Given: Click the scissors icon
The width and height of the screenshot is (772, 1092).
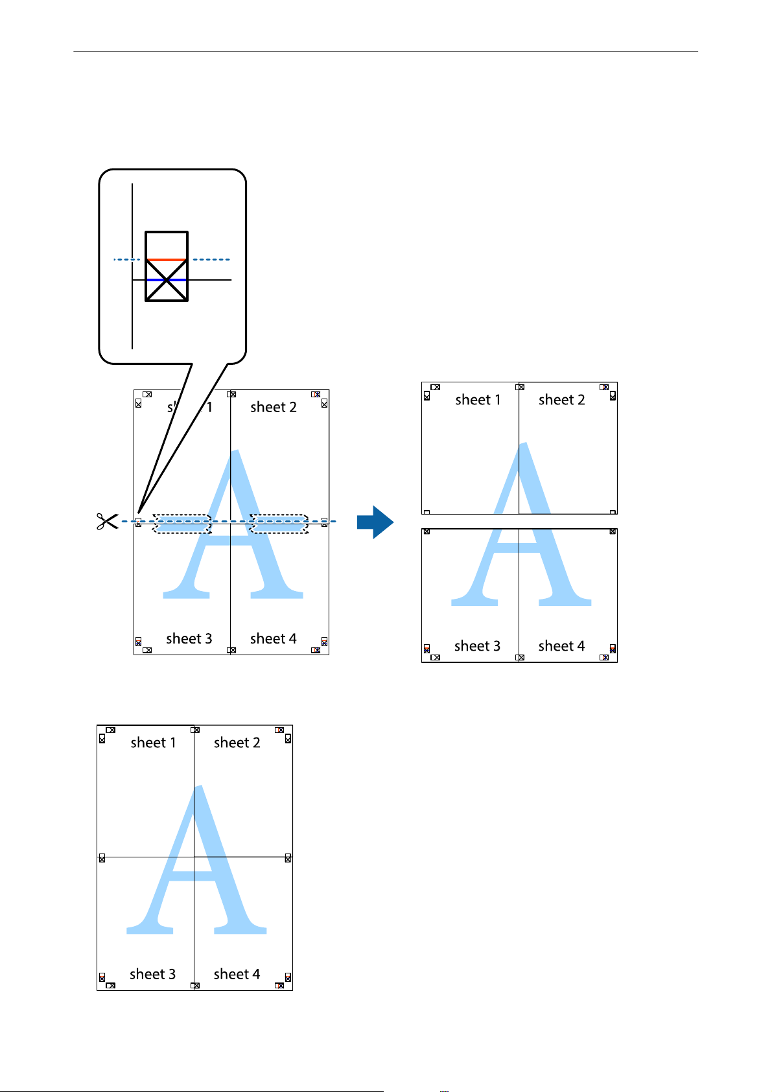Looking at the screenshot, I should tap(108, 521).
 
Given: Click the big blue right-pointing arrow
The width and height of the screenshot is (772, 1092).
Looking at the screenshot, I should tap(375, 522).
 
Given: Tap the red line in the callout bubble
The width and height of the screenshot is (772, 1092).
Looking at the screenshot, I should tap(167, 260).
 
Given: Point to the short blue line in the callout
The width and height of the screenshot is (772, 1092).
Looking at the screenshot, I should tap(167, 280).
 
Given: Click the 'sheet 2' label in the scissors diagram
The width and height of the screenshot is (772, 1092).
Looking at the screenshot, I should tap(274, 407).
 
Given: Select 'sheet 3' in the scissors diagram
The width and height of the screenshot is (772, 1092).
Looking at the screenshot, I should tap(189, 639).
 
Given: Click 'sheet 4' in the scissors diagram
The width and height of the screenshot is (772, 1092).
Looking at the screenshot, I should tap(274, 639).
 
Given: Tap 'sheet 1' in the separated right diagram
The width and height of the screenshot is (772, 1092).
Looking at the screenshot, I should tap(478, 400).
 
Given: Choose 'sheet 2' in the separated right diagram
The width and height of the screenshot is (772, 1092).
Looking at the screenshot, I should tap(562, 400).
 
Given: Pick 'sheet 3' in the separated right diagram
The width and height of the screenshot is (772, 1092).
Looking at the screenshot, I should tap(478, 646).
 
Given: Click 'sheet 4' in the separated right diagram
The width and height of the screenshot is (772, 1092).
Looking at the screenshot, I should tap(562, 646).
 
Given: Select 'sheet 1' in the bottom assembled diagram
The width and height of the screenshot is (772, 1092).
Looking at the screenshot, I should tap(154, 743).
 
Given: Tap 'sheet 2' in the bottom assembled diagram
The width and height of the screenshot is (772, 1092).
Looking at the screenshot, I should tap(237, 743).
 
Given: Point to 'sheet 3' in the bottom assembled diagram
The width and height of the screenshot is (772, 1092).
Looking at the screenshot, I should tap(153, 975).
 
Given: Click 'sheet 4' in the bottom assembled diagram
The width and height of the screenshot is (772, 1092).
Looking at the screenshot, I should tap(237, 975).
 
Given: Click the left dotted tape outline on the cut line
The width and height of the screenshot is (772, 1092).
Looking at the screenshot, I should tap(182, 524).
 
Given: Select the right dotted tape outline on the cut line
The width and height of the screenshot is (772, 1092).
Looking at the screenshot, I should tap(279, 524).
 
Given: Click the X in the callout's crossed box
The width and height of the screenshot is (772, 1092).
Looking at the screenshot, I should tap(167, 280).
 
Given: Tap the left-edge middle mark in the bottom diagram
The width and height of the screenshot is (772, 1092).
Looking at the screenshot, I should tap(102, 858).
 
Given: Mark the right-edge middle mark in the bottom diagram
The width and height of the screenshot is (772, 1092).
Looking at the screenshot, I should tap(288, 858).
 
